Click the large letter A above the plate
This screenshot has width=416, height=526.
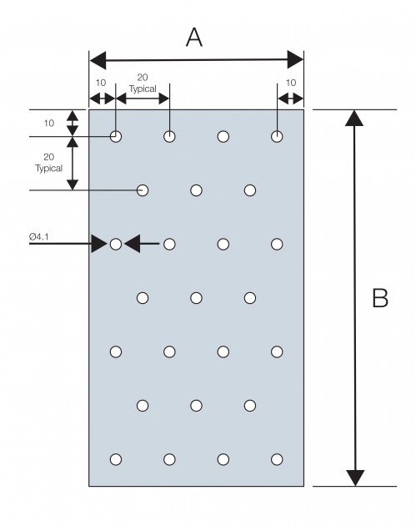194,38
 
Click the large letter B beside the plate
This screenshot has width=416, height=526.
380,297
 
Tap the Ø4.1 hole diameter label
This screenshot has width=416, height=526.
39,237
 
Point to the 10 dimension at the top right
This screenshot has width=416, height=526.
291,83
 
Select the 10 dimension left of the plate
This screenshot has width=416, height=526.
49,123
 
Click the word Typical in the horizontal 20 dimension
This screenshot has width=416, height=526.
143,89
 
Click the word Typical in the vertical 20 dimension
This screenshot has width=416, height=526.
49,168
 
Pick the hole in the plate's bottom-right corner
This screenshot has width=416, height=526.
277,459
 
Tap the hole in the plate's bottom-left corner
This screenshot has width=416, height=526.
116,459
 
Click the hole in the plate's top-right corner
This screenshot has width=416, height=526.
277,137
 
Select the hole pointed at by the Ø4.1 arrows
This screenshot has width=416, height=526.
116,244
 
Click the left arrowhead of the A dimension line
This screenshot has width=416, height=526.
98,61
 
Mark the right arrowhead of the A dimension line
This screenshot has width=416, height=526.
295,60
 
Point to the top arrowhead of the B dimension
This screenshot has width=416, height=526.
354,118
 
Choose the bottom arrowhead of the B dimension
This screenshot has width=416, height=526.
355,478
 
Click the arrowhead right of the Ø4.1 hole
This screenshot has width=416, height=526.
132,244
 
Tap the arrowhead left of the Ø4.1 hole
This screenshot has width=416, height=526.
99,244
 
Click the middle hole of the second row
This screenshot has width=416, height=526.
196,190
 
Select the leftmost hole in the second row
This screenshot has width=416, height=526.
143,190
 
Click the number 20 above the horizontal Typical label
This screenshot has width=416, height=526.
143,78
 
